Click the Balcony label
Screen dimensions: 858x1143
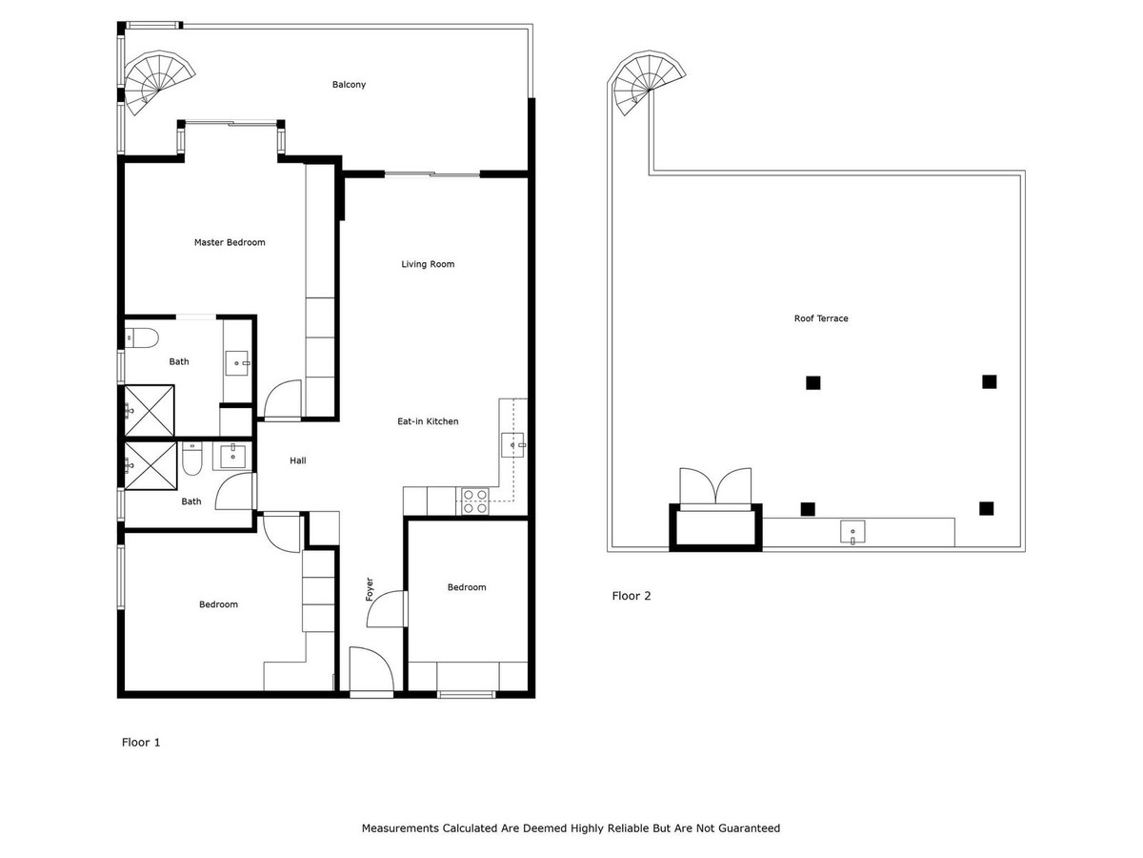(x=349, y=85)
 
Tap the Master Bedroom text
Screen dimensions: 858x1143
(x=230, y=242)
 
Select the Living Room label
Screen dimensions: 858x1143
(x=428, y=264)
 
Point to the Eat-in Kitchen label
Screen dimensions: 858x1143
(x=428, y=421)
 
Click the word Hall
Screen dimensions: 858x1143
(x=298, y=460)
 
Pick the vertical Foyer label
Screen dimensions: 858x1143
(x=370, y=588)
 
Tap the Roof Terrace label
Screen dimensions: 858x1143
(x=820, y=318)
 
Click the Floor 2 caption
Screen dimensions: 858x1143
(x=631, y=596)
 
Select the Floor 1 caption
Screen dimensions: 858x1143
(x=141, y=742)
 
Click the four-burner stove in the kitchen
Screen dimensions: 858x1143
(x=475, y=500)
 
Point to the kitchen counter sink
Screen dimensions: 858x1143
(x=514, y=445)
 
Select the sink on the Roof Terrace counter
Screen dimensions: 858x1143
(x=852, y=531)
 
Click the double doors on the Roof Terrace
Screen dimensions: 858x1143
(x=715, y=486)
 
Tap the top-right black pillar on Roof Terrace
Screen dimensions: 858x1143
(x=989, y=381)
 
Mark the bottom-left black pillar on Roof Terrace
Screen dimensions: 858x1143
(x=808, y=508)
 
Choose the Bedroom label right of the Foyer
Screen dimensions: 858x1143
(x=467, y=587)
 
